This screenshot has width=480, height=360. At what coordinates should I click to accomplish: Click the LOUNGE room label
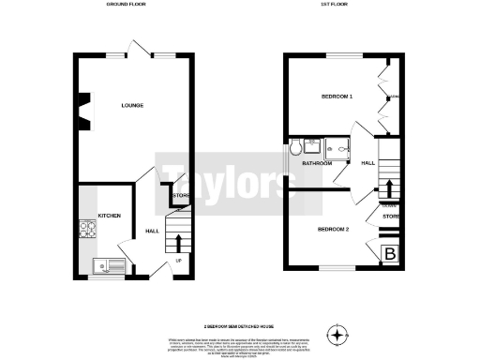131,106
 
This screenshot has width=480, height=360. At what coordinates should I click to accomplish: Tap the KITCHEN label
110,216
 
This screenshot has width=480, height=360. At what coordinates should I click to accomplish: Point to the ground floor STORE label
181,196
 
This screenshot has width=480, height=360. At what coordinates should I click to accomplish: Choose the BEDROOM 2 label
333,230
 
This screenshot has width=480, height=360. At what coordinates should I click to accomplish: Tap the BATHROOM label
316,164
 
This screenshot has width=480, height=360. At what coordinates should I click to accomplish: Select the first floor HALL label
368,163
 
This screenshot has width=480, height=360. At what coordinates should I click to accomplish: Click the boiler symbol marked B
390,253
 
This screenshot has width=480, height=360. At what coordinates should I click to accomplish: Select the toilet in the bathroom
296,147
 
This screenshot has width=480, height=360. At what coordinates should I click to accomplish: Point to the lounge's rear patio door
138,51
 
